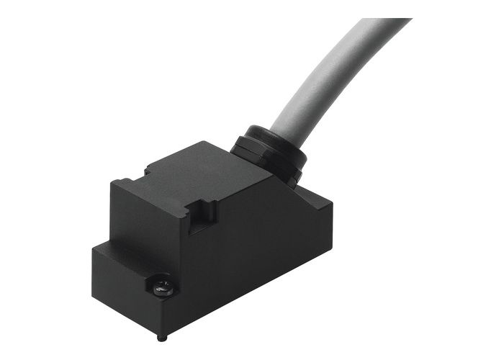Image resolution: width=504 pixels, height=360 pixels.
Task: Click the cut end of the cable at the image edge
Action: tap(389, 22)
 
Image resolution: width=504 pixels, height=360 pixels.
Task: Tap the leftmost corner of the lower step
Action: tap(93, 248)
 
